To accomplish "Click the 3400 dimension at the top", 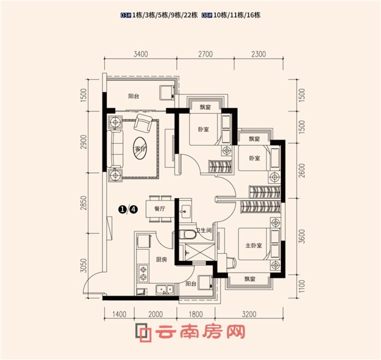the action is coord(141,54).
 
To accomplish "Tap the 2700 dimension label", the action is coord(205,54).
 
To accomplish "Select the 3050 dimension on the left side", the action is coord(83,266).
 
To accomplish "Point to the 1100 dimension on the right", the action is coord(301,286).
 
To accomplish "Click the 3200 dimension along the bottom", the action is coord(249,314).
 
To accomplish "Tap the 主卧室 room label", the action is coord(254,246).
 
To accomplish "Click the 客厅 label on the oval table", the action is coord(140,148).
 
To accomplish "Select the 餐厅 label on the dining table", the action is coord(159,209).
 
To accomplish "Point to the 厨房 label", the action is coord(161,260).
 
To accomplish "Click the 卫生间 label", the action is coord(203,230).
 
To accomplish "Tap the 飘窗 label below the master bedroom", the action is coord(250,279).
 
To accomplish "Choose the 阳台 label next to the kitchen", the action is coord(191,284).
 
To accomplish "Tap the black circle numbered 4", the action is coord(134,209).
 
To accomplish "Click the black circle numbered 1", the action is coord(122,209).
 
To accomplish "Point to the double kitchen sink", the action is coord(165,289).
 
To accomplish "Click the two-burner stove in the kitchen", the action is coord(143,273).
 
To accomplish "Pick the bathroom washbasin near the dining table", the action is coord(186,209).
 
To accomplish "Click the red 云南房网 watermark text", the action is coord(200,331).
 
